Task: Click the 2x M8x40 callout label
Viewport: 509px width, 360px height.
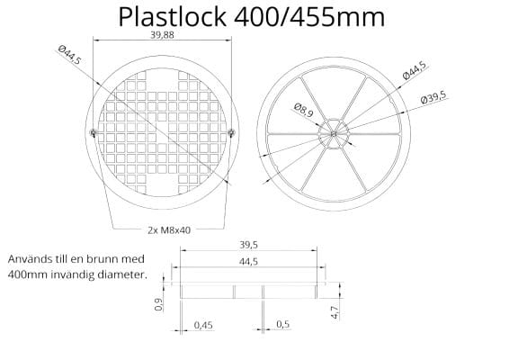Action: point(168,229)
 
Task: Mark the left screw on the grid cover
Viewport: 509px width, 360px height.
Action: point(95,134)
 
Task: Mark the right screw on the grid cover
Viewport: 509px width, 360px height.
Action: point(231,134)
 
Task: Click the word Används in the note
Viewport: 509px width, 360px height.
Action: point(31,258)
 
